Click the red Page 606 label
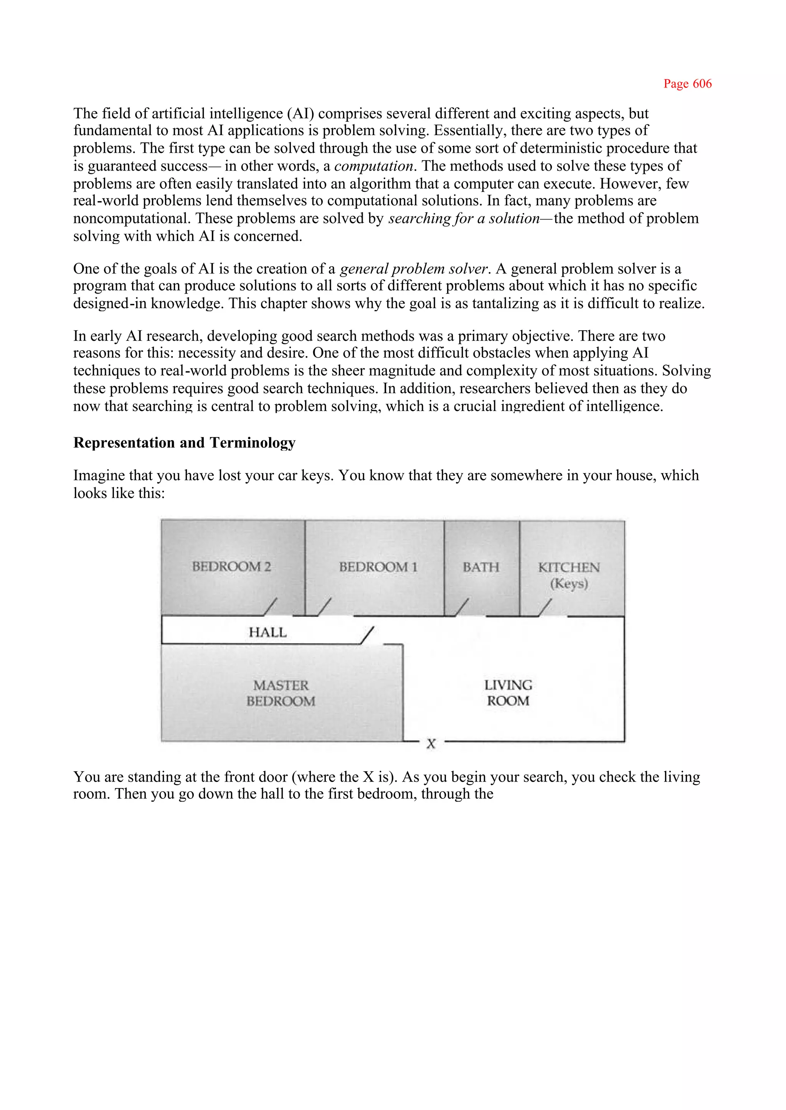[x=687, y=84]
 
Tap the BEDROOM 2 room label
[x=231, y=566]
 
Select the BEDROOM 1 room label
[x=378, y=567]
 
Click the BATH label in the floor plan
[x=481, y=567]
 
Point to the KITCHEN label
[x=569, y=567]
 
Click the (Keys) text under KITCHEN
[x=569, y=584]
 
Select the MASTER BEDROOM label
[x=281, y=693]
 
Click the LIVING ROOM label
[x=508, y=693]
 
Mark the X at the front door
[x=431, y=744]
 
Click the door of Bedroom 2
[x=271, y=607]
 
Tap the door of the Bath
[x=462, y=607]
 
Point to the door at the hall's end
[x=367, y=635]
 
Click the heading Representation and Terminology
[x=184, y=442]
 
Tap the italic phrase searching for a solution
[x=464, y=218]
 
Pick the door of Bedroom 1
[x=325, y=607]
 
